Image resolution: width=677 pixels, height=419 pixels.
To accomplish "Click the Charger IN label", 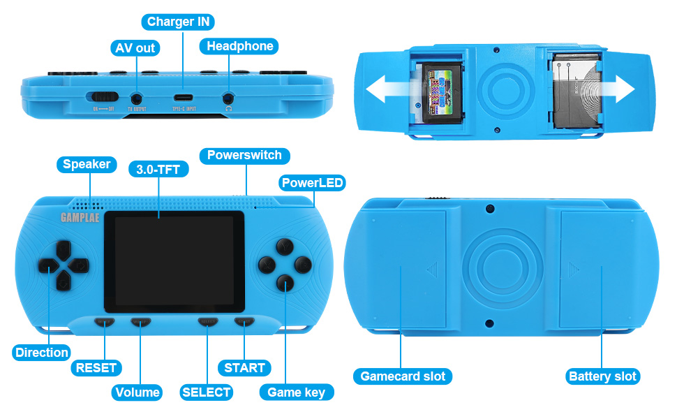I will click(178, 22).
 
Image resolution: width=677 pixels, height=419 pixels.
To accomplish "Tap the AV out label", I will click(135, 48).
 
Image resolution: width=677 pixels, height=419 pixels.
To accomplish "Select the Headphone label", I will click(239, 46).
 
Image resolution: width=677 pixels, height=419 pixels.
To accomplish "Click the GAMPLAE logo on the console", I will click(80, 216).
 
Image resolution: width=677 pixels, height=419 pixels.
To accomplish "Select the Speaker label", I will click(87, 164).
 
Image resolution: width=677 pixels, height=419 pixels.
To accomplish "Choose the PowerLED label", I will click(312, 183).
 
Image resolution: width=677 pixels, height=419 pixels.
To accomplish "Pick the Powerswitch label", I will click(244, 155).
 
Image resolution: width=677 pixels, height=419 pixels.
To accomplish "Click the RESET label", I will click(96, 367).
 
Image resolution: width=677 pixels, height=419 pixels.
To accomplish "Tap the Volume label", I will click(137, 392).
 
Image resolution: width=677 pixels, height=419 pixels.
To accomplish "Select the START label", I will click(244, 367).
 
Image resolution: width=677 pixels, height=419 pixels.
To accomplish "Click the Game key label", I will click(296, 392).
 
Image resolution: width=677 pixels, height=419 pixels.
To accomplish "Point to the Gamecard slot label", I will click(403, 376).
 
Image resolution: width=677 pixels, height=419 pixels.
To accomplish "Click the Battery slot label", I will click(602, 376).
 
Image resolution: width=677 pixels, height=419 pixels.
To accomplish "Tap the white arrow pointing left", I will click(391, 89).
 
